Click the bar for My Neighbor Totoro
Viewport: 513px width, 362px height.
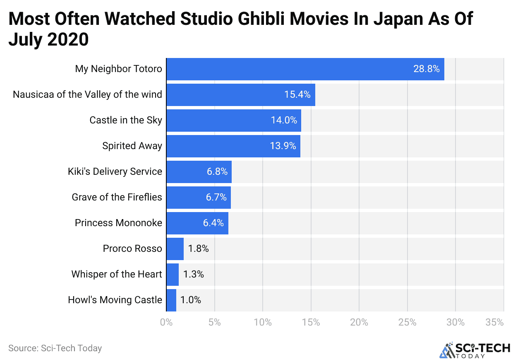[x=305, y=69]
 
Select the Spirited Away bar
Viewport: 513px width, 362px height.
[x=233, y=146]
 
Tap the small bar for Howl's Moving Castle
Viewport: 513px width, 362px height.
[x=171, y=300]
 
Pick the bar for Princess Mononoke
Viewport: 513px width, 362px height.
[x=197, y=223]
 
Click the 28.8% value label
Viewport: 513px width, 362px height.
[x=426, y=69]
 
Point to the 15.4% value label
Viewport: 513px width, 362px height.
[x=297, y=95]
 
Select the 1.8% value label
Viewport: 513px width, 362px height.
[x=198, y=249]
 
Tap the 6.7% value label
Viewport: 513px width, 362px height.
[x=216, y=198]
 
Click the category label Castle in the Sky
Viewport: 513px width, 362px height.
[x=126, y=121]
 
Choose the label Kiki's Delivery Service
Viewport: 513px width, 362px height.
[x=115, y=172]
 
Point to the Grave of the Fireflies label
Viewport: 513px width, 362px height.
[x=117, y=198]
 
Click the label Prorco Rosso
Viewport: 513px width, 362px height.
[x=132, y=249]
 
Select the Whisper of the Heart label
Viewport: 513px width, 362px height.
[x=117, y=275]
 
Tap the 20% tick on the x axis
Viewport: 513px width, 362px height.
[x=359, y=322]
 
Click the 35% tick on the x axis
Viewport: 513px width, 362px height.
[x=495, y=322]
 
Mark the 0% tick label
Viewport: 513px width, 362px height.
[x=166, y=322]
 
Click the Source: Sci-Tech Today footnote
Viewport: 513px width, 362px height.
[x=55, y=348]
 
